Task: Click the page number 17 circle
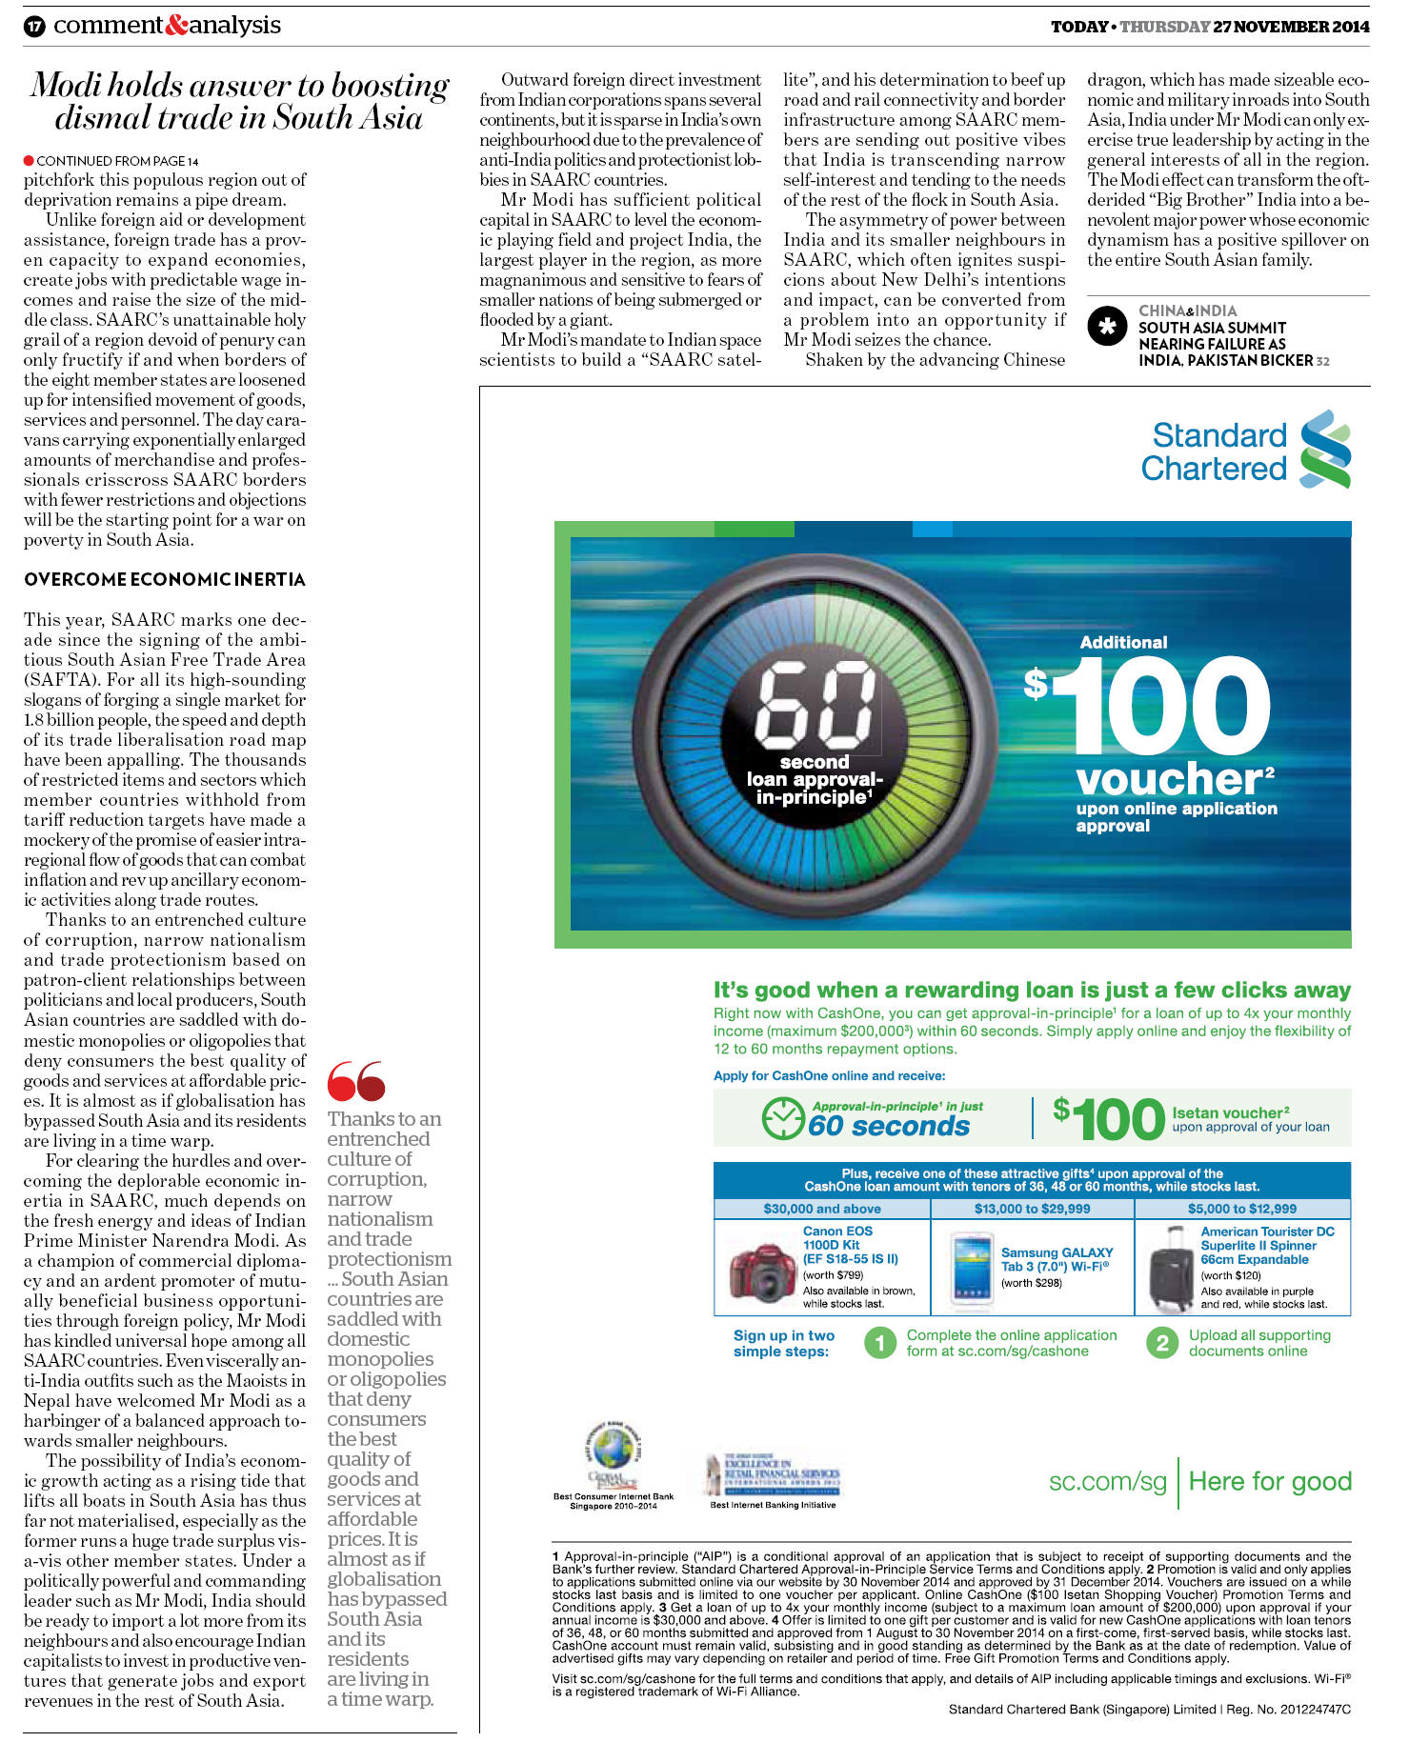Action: (x=34, y=26)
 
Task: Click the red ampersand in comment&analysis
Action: (x=176, y=26)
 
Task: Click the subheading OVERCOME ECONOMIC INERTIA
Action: (x=165, y=579)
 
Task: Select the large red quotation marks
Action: (x=355, y=1081)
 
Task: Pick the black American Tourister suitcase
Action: (x=1170, y=1269)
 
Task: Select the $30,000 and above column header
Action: (x=821, y=1209)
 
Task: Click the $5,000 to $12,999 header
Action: (x=1241, y=1209)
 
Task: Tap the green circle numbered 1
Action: (x=880, y=1343)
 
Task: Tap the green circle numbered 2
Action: (x=1161, y=1343)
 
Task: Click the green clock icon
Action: (x=783, y=1117)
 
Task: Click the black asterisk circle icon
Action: (x=1107, y=327)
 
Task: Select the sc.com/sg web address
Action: (x=1107, y=1481)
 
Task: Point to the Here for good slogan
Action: (x=1270, y=1481)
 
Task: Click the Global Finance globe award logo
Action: (x=613, y=1452)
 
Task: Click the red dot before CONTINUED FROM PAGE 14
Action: (x=29, y=160)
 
